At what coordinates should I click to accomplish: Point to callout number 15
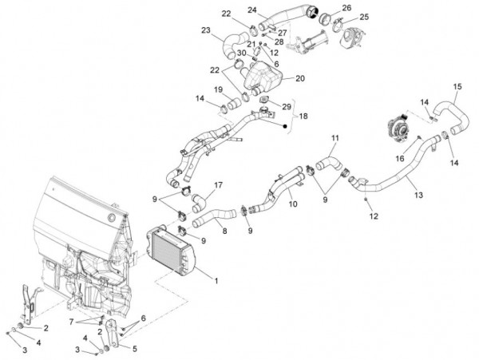457,87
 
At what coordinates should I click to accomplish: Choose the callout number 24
251,10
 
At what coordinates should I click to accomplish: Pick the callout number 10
293,204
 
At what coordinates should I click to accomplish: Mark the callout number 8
225,231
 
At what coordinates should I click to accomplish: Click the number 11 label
335,138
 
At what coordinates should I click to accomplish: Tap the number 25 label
363,17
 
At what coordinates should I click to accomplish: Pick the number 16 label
398,159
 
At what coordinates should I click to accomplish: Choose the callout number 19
217,90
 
